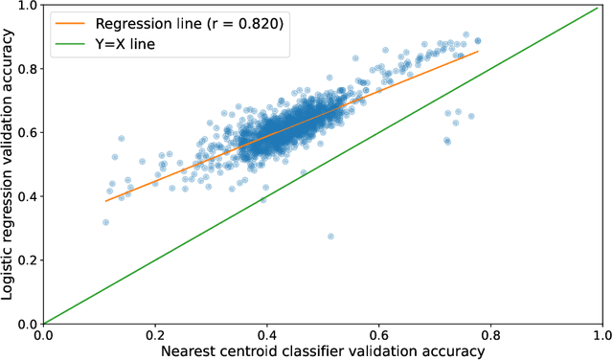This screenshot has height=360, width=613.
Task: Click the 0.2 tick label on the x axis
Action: (x=155, y=335)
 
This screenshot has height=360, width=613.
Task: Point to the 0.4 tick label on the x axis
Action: (x=267, y=335)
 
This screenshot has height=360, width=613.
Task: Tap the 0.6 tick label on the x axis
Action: (x=378, y=335)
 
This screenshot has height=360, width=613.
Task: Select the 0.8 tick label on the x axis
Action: (x=490, y=335)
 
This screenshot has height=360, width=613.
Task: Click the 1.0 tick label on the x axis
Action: (x=602, y=335)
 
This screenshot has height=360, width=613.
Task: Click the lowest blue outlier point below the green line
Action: (x=330, y=236)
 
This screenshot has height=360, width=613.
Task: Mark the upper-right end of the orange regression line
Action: (x=478, y=52)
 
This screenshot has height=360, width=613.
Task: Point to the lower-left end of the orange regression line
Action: (x=105, y=201)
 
